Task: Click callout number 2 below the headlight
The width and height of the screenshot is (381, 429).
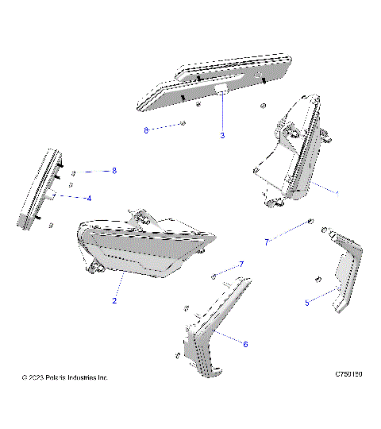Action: point(114,301)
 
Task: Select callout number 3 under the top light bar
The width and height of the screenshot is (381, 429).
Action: point(222,136)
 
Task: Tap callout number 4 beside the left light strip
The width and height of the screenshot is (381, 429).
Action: point(89,198)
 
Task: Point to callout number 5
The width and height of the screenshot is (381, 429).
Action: point(306,302)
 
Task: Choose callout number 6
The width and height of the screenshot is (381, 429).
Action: point(245,344)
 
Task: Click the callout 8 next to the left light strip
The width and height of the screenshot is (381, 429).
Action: point(114,171)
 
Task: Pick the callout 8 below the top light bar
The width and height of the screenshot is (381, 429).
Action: point(146,130)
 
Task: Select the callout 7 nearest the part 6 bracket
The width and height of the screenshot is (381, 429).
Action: point(241,264)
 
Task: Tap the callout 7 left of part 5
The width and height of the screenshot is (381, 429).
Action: point(267,240)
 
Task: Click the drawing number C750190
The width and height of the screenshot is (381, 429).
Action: point(350,372)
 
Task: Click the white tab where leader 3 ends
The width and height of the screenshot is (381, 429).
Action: point(223,93)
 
